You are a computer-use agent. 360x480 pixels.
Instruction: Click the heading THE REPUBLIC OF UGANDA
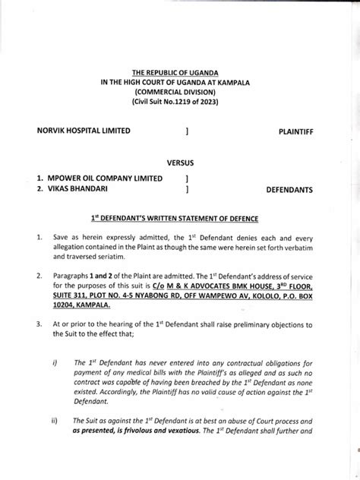[x=181, y=72]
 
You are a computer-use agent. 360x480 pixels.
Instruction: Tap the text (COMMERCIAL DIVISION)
[x=181, y=93]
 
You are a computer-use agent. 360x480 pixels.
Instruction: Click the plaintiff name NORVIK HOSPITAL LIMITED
[x=84, y=131]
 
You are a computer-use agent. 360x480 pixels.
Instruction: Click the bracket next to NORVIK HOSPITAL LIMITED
[x=187, y=131]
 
